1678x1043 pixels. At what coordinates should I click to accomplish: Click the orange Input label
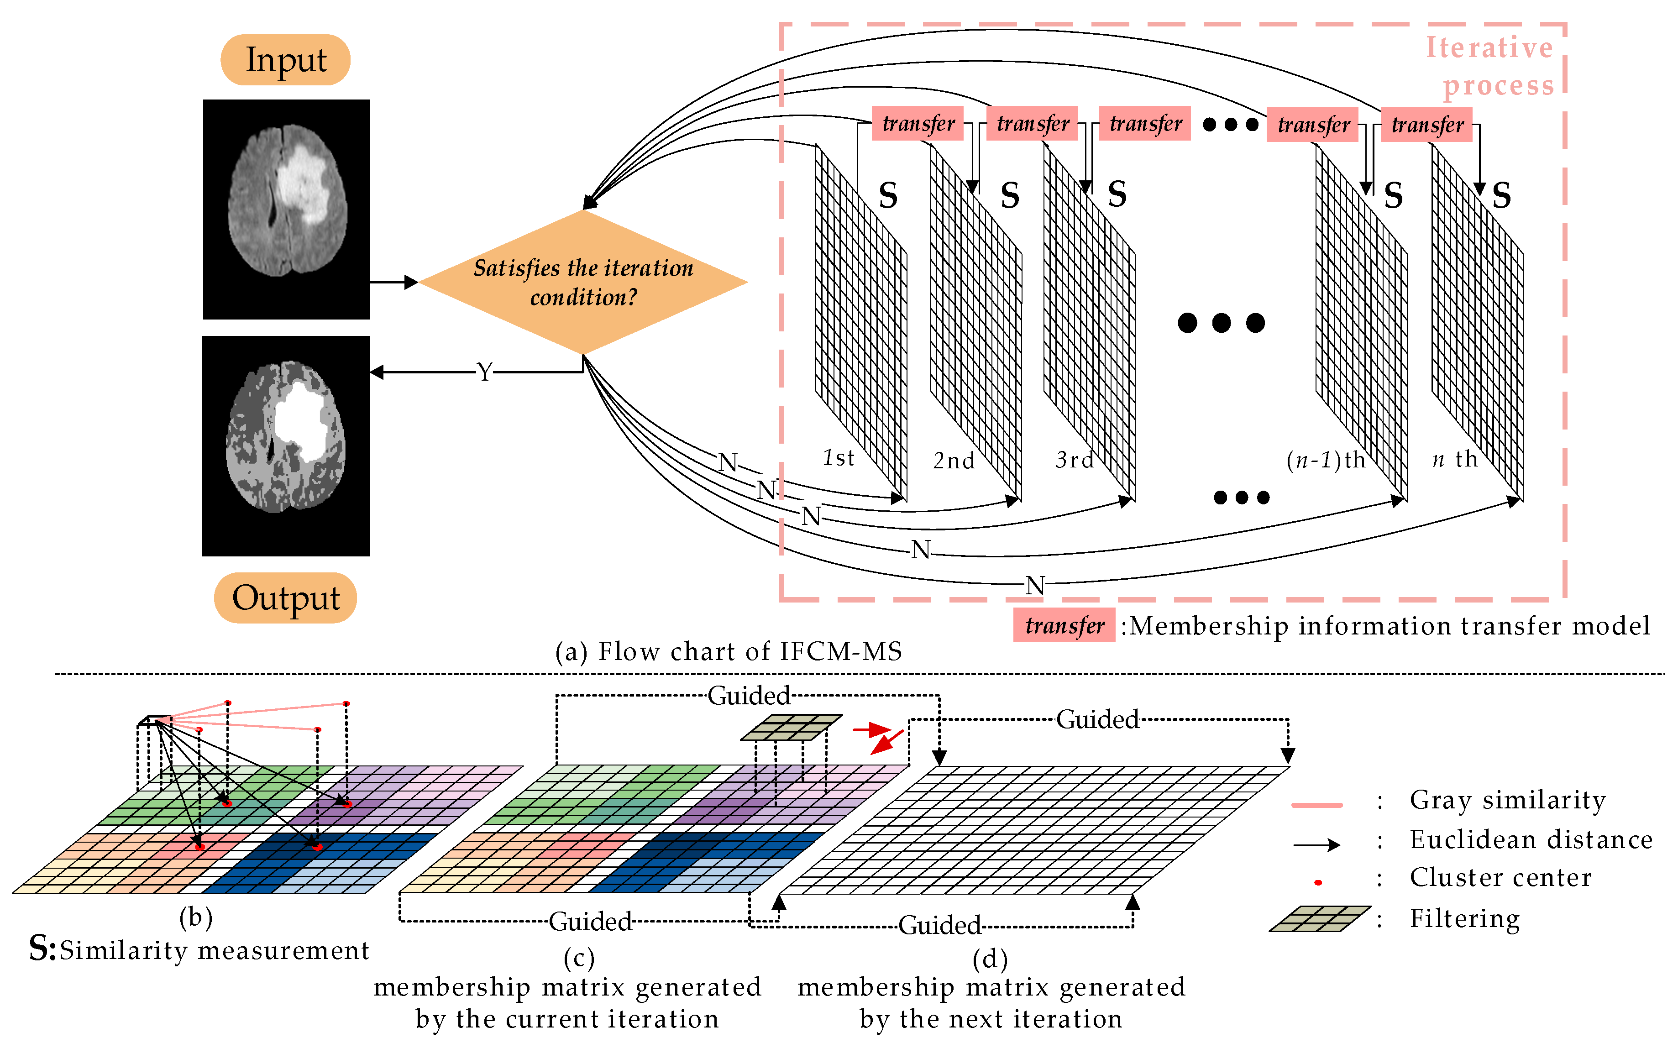(286, 60)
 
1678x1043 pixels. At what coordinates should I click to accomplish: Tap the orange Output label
(286, 598)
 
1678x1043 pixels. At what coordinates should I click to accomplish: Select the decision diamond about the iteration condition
(583, 282)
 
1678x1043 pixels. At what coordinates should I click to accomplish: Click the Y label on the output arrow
(485, 372)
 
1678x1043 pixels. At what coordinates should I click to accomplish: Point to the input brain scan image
(286, 209)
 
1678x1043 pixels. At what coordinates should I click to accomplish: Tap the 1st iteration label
(839, 458)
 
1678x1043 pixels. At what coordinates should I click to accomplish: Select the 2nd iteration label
(954, 460)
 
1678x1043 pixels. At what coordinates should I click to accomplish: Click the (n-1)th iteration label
(1326, 459)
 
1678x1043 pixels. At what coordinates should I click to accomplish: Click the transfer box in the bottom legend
(1064, 626)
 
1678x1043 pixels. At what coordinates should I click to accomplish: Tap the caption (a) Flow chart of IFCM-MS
(729, 651)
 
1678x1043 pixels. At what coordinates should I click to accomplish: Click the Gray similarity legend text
(1508, 800)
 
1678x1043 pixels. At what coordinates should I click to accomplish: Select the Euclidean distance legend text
(1531, 839)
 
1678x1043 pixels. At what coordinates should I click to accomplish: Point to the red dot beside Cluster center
(1318, 882)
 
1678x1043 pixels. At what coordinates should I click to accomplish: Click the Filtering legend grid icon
(1319, 919)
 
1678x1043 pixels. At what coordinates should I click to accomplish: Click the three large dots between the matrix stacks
(1221, 322)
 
